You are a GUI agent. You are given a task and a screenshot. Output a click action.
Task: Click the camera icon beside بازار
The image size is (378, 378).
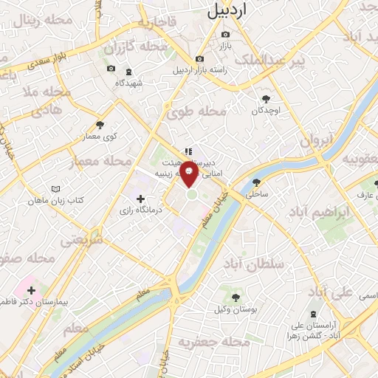(225, 34)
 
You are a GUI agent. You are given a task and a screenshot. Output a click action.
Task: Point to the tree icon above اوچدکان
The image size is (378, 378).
(266, 98)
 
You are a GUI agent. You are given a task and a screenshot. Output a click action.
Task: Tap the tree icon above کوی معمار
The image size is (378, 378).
(100, 125)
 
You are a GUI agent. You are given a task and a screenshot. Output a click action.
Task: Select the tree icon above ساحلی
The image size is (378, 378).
(256, 182)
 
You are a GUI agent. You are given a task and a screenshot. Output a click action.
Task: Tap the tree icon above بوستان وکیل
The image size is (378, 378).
(235, 298)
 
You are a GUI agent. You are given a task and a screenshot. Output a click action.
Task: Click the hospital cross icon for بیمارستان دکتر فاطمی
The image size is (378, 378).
(31, 290)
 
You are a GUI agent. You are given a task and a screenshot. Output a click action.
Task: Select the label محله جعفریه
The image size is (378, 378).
(211, 343)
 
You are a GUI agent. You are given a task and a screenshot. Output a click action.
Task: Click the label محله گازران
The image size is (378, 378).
(125, 49)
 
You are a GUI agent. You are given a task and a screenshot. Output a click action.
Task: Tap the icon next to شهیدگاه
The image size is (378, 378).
(130, 72)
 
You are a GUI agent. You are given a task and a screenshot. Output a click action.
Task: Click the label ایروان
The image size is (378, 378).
(318, 140)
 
